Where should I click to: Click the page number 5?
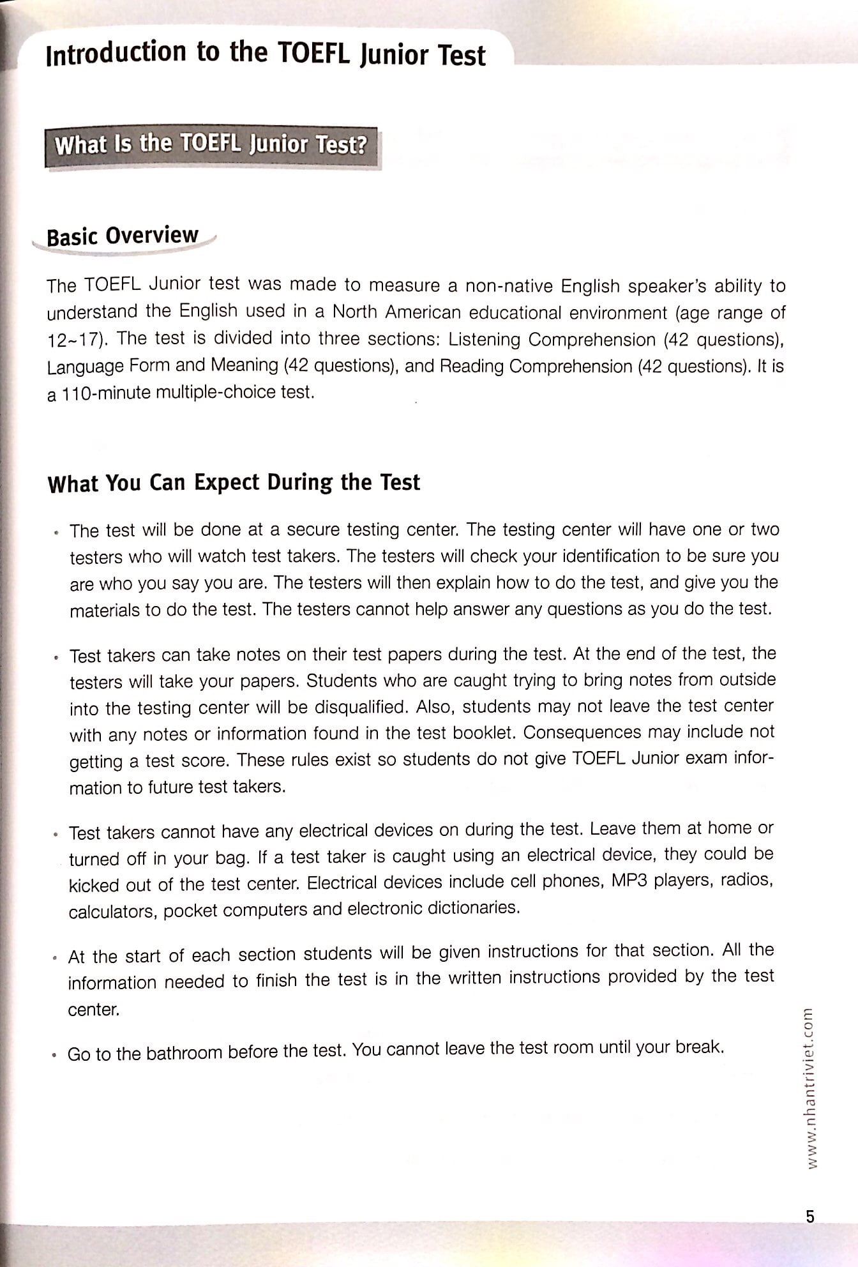pyautogui.click(x=810, y=1216)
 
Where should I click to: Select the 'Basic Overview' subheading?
pyautogui.click(x=123, y=236)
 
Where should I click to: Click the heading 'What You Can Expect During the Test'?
pyautogui.click(x=234, y=482)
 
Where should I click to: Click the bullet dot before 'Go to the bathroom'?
pyautogui.click(x=55, y=1055)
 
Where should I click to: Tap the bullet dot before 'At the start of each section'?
pyautogui.click(x=56, y=958)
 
